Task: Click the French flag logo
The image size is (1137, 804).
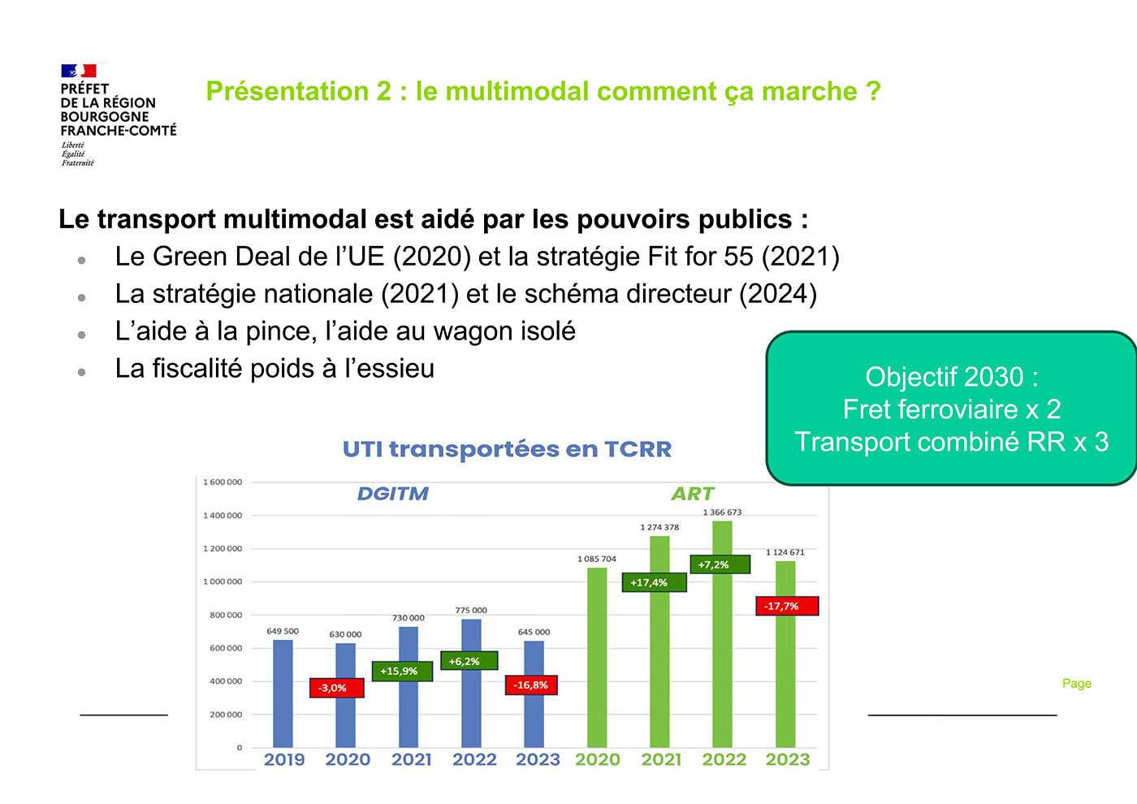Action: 79,71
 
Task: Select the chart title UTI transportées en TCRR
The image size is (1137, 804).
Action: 507,449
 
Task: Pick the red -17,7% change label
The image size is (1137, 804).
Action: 786,606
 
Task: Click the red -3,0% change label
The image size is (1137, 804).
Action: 336,688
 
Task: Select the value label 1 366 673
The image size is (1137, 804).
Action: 722,512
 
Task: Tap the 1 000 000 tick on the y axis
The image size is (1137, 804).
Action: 223,581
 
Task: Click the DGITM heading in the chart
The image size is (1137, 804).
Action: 392,494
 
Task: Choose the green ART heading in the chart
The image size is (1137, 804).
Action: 692,494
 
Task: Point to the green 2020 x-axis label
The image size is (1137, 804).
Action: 597,759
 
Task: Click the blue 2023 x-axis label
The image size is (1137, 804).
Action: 538,759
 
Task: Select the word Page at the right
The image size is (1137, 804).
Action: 1076,684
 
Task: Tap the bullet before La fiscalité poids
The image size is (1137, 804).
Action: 82,372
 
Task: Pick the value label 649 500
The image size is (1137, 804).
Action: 283,631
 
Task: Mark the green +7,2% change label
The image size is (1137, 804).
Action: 720,564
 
